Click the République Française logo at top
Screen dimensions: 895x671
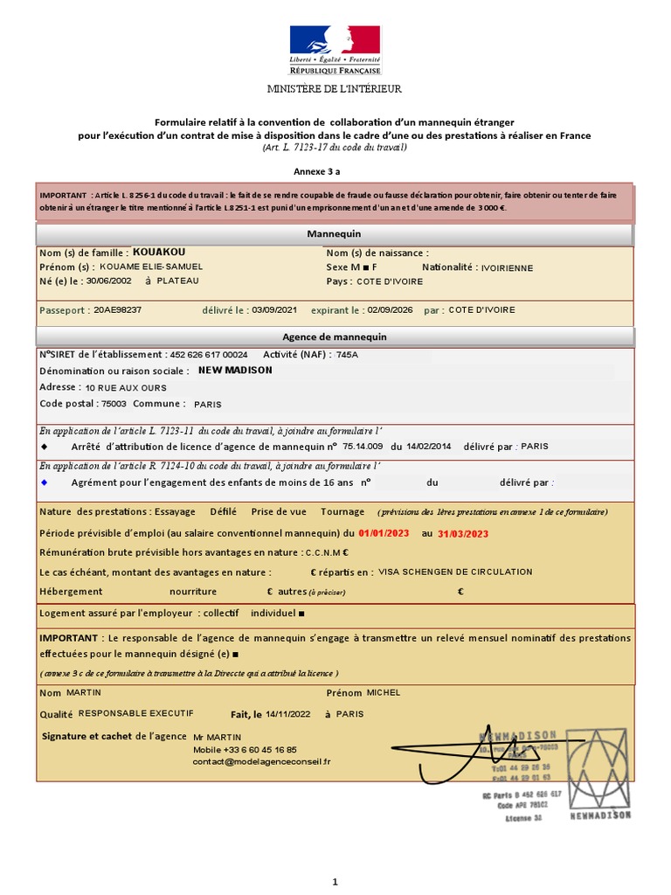[335, 50]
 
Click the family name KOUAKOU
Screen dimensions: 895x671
[159, 252]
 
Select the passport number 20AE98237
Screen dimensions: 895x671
[117, 309]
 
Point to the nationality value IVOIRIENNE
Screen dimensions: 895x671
[519, 268]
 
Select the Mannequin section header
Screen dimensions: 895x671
[334, 234]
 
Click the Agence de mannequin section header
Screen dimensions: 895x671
[334, 337]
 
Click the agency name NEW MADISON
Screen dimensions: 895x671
[236, 371]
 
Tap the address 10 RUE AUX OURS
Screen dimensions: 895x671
[126, 387]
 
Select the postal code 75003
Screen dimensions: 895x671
[114, 404]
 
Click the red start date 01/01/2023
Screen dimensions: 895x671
[384, 533]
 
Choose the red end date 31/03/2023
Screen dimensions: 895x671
[463, 533]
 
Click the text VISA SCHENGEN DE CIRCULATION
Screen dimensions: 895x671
[455, 572]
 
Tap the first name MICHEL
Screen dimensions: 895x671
[384, 692]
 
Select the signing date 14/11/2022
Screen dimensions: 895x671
[288, 714]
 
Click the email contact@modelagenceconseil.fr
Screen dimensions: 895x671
[262, 761]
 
